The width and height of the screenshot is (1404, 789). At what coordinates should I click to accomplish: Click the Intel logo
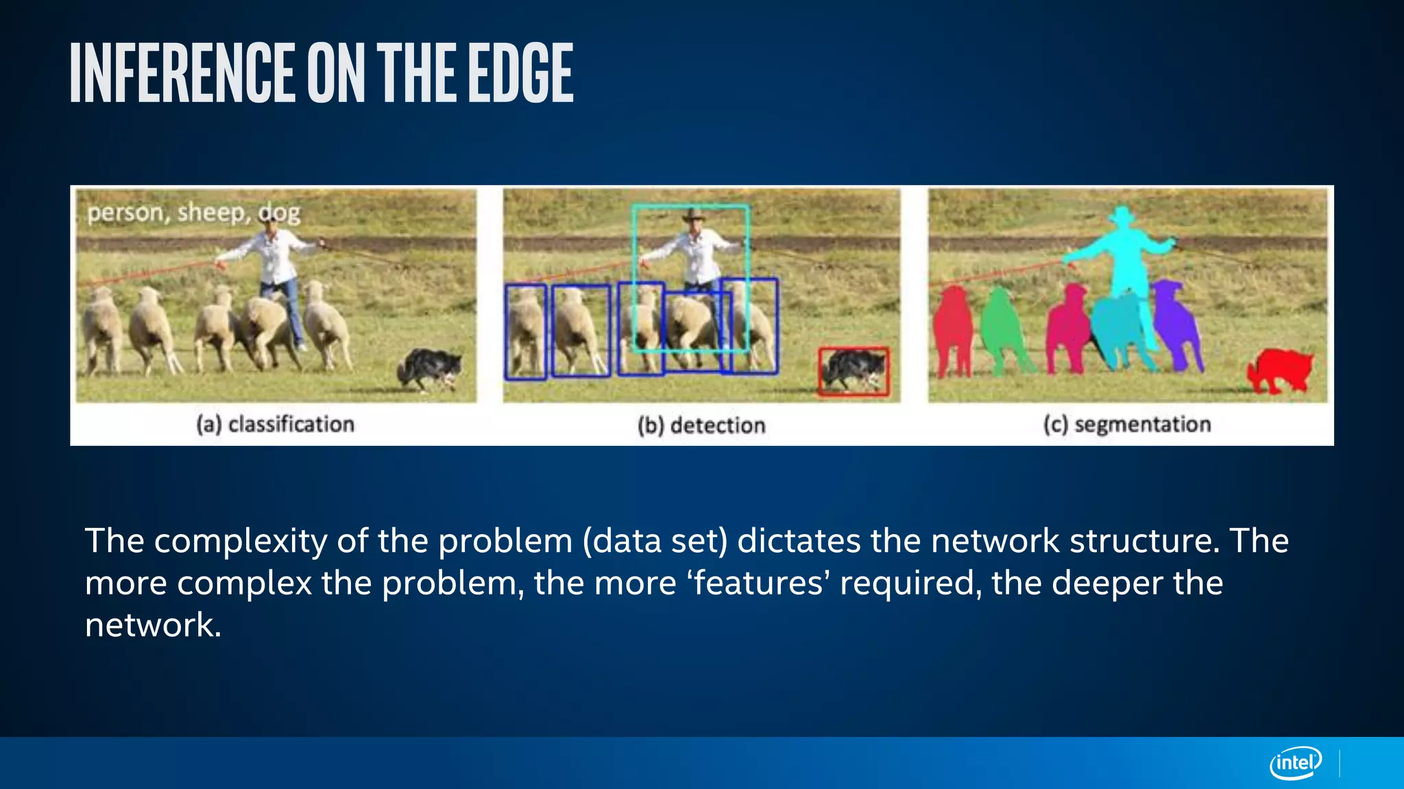(x=1295, y=762)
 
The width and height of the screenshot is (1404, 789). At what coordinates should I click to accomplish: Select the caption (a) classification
(x=275, y=425)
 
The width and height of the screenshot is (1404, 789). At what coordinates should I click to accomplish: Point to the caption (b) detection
(x=701, y=425)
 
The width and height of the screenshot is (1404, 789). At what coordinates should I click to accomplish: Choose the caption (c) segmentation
(x=1127, y=425)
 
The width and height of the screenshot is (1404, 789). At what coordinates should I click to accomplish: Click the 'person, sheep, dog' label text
(x=193, y=213)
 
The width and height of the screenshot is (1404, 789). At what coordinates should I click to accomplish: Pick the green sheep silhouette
(x=1002, y=329)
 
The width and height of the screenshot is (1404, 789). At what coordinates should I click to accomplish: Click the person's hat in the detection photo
(x=693, y=216)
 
